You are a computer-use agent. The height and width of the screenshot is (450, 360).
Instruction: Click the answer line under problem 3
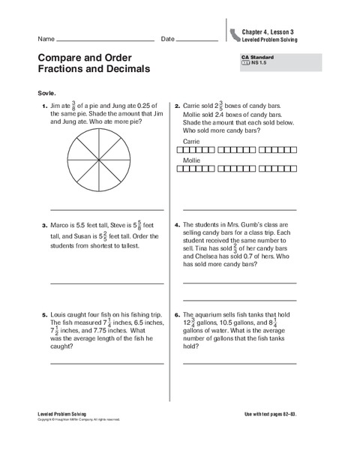[x=106, y=283]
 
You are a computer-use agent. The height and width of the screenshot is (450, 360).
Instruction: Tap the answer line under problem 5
[x=106, y=363]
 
